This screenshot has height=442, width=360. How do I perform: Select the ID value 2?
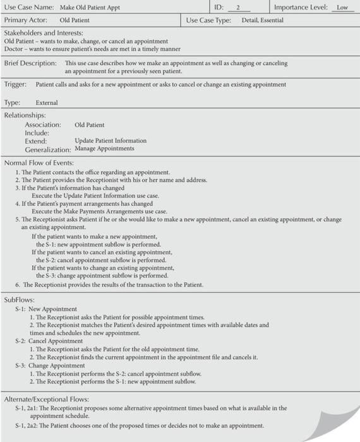238,8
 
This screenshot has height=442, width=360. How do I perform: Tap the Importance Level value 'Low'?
342,8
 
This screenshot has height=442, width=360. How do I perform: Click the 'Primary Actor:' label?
25,20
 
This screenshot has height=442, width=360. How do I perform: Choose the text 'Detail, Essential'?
262,20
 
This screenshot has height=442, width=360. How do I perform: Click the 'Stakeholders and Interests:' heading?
44,32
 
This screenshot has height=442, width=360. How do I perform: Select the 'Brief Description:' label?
31,64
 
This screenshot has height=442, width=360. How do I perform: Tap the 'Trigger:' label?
15,85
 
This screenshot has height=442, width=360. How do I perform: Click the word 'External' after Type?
47,103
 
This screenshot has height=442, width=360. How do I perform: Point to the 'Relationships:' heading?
25,116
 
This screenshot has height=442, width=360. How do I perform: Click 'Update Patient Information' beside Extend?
111,141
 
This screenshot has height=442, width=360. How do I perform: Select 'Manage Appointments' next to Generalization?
104,149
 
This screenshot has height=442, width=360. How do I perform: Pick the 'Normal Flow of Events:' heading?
40,163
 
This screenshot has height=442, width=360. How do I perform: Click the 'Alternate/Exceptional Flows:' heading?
46,399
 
